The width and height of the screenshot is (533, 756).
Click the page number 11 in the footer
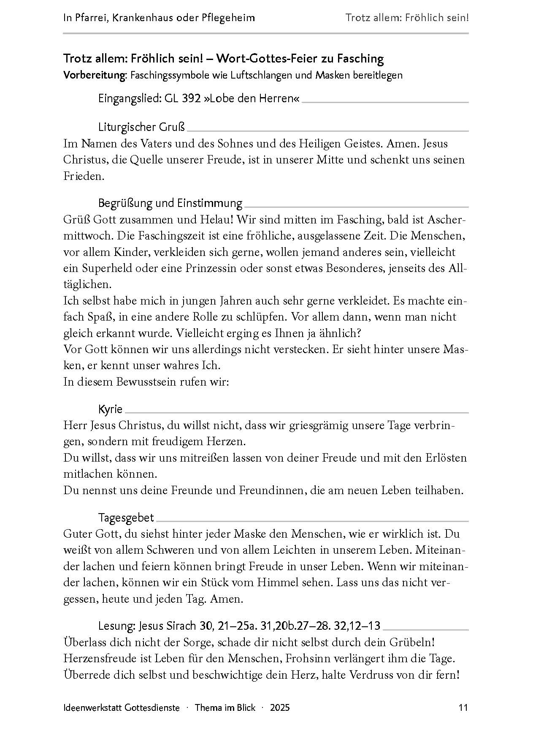point(463,707)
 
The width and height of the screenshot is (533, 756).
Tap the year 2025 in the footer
point(280,707)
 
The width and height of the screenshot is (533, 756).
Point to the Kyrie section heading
point(110,409)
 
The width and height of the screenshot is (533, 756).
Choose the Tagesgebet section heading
point(126,517)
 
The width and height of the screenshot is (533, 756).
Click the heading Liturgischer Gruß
point(141,127)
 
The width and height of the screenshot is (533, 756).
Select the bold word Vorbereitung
point(95,75)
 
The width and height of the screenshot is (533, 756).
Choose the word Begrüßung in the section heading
point(126,203)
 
